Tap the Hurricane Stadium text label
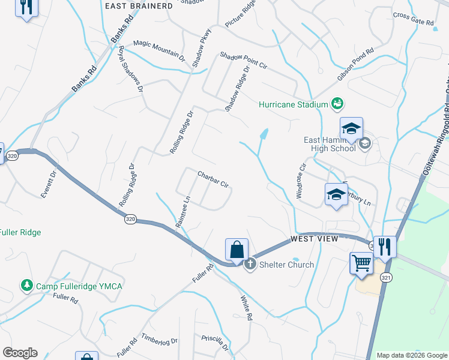pos(293,104)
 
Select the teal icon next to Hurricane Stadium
pos(338,104)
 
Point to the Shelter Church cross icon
pos(250,265)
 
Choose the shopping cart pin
pos(361,263)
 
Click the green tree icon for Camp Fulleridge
pos(26,285)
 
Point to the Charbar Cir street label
pos(214,179)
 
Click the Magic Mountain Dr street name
pos(159,50)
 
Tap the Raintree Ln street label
pos(182,211)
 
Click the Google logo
pos(20,353)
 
